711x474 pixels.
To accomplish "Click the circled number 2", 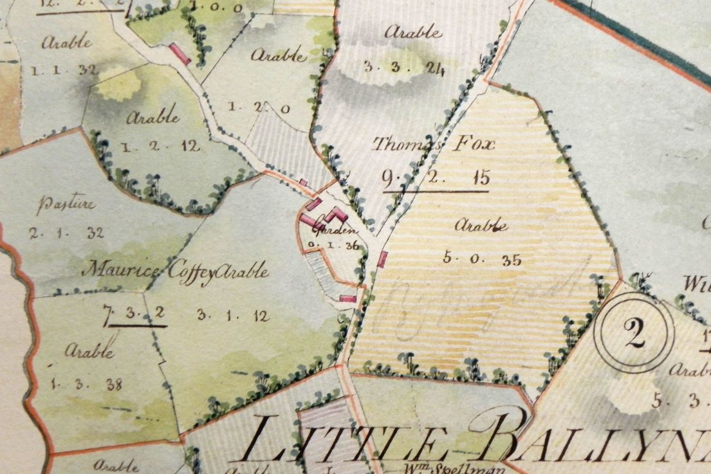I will [634, 333].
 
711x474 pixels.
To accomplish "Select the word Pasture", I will [66, 206].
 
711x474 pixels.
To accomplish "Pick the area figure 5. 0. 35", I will [481, 259].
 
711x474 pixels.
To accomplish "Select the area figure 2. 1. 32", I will [66, 233].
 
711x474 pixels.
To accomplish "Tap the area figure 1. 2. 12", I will [160, 146].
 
